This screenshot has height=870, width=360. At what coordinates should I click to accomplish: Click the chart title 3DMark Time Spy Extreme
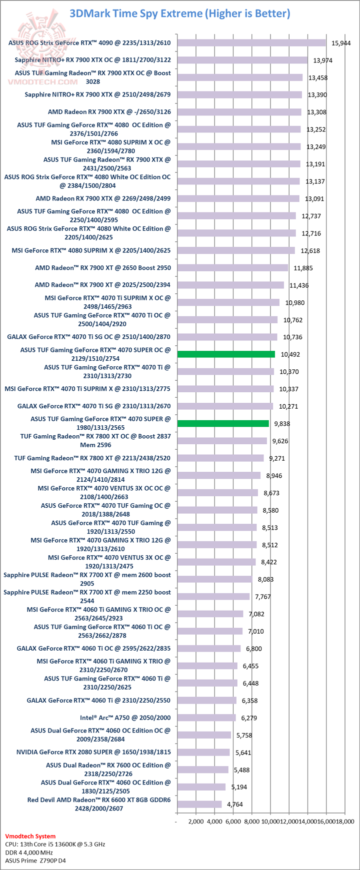click(x=180, y=13)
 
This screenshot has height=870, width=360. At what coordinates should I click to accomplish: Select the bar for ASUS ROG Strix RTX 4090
click(x=251, y=42)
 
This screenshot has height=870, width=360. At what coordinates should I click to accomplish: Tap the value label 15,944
click(x=341, y=43)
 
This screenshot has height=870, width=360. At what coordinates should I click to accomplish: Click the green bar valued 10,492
click(x=226, y=354)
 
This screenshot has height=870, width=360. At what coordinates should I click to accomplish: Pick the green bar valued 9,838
click(x=223, y=423)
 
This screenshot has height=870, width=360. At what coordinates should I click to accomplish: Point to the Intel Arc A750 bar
click(x=206, y=718)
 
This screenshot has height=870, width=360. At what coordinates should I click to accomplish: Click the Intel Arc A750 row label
click(x=125, y=718)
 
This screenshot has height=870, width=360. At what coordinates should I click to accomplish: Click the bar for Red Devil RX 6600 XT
click(x=199, y=804)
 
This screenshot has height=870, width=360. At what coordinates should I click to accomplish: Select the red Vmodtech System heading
click(x=30, y=836)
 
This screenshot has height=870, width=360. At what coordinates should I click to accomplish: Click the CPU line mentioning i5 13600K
click(x=55, y=844)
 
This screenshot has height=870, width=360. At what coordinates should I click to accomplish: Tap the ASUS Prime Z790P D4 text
click(x=38, y=861)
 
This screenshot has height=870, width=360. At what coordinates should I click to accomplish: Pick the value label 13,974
click(x=323, y=60)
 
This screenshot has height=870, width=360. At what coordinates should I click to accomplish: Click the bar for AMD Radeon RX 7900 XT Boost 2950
click(x=232, y=267)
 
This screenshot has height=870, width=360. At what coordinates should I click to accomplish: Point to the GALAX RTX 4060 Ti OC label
click(x=93, y=649)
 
